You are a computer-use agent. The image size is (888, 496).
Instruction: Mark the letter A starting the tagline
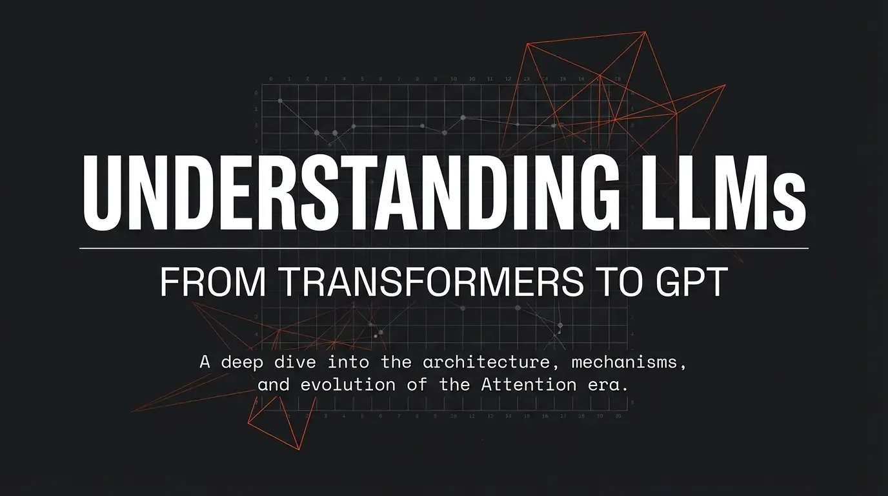click(x=205, y=362)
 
